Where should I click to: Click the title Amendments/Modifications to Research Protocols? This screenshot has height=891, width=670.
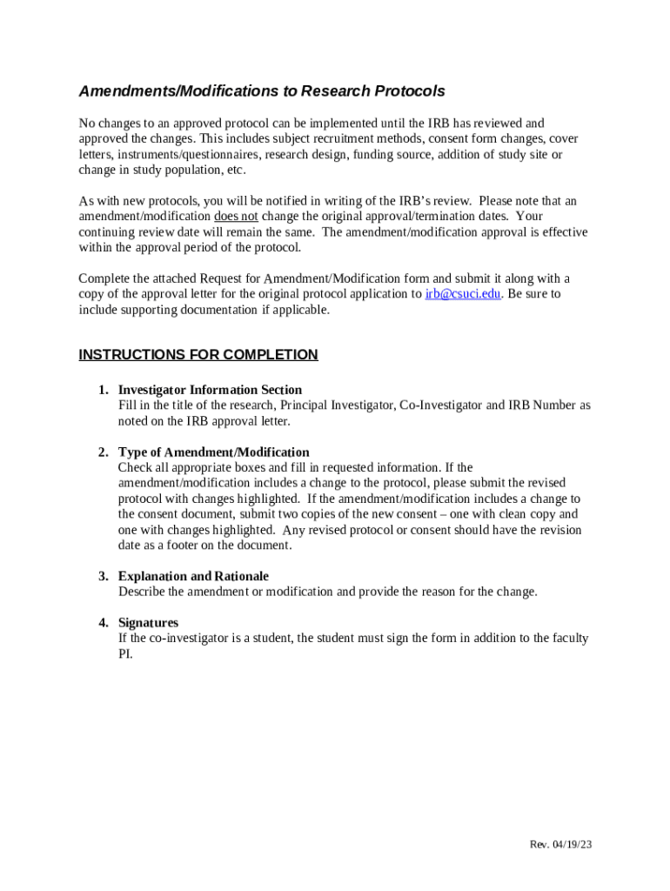pyautogui.click(x=262, y=91)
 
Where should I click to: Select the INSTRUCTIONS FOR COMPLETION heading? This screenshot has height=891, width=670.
pyautogui.click(x=198, y=355)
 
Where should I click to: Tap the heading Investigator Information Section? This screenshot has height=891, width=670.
pyautogui.click(x=210, y=390)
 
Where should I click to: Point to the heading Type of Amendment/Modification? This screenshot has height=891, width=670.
pyautogui.click(x=213, y=452)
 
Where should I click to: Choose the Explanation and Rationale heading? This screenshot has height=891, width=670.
pyautogui.click(x=193, y=576)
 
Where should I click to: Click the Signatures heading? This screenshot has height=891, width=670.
pyautogui.click(x=148, y=623)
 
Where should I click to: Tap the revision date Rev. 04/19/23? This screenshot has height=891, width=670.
pyautogui.click(x=561, y=845)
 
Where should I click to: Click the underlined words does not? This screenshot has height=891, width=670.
pyautogui.click(x=236, y=217)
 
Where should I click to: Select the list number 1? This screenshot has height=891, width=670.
pyautogui.click(x=102, y=390)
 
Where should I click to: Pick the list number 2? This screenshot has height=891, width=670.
pyautogui.click(x=102, y=452)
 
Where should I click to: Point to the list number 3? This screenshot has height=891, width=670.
pyautogui.click(x=102, y=576)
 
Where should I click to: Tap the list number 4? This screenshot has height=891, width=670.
pyautogui.click(x=102, y=623)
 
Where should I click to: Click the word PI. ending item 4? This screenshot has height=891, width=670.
pyautogui.click(x=125, y=654)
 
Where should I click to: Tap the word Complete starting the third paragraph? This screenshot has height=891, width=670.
pyautogui.click(x=104, y=278)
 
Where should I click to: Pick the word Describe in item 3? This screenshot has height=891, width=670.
pyautogui.click(x=140, y=592)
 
